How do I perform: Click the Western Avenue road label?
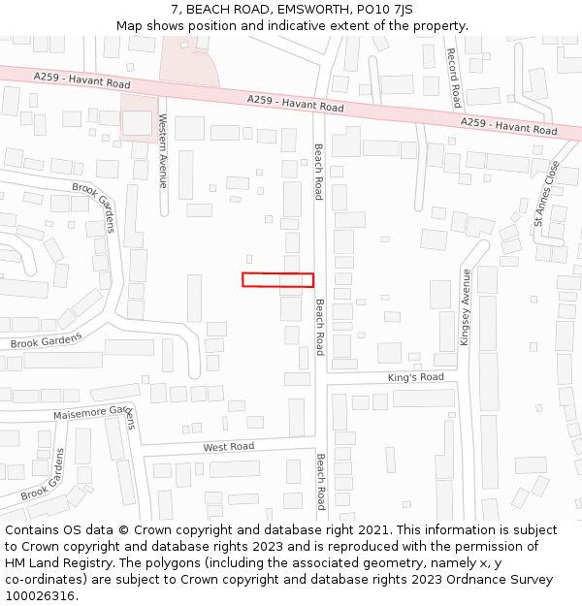pos(163,151)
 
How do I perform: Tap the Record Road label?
pos(454,79)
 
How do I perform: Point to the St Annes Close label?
pos(546,194)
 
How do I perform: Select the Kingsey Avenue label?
pos(467,307)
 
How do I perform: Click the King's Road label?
pos(415,377)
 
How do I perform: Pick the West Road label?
pos(228,447)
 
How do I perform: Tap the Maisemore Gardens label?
pos(94,415)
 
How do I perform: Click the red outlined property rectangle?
pos(277,279)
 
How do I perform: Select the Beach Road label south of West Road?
pos(320,482)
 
